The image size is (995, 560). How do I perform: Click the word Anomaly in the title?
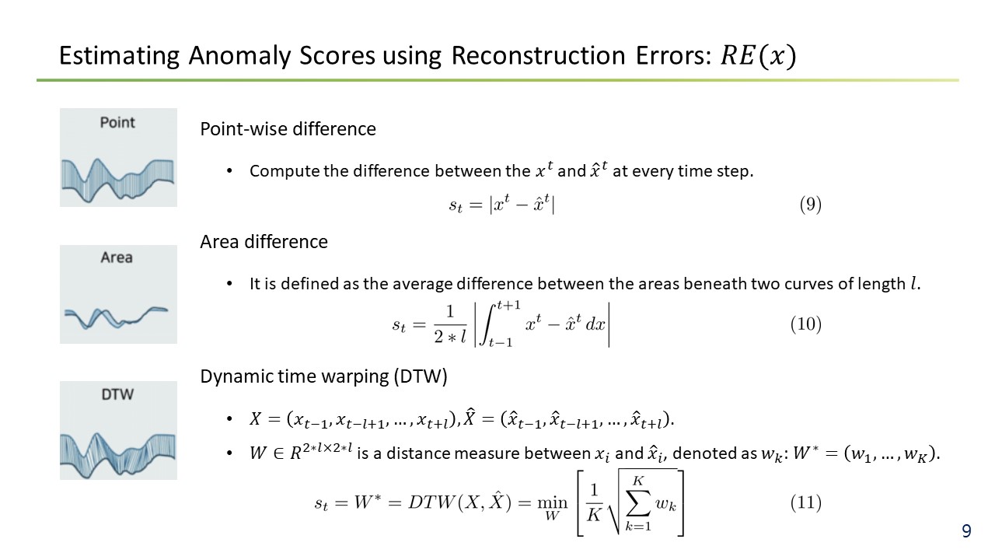[x=239, y=57]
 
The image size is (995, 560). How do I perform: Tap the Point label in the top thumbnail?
[x=117, y=122]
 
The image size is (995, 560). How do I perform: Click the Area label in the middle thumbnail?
[x=117, y=257]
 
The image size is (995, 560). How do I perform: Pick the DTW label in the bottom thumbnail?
[x=117, y=394]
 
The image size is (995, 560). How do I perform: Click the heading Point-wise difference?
[x=288, y=129]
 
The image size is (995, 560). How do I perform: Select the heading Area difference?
[x=264, y=242]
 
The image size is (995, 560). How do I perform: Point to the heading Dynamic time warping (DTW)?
[x=324, y=377]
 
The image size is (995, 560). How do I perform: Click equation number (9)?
[x=810, y=205]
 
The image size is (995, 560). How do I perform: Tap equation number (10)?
[x=806, y=324]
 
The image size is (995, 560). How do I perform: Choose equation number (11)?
[x=806, y=502]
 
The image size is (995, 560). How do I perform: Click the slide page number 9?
[x=966, y=531]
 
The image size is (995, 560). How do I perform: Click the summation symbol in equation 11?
[x=638, y=502]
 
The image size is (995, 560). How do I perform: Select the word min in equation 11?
[x=552, y=502]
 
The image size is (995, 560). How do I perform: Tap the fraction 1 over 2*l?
[x=450, y=324]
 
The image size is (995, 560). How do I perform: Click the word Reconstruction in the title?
[x=538, y=57]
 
